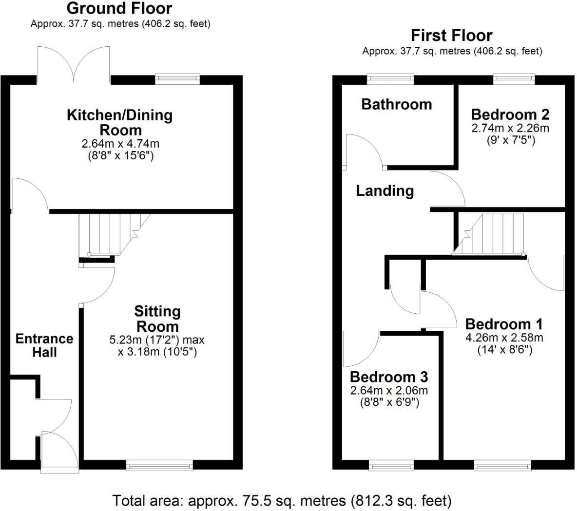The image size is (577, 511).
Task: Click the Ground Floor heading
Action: [119, 8]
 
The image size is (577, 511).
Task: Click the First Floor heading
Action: [451, 36]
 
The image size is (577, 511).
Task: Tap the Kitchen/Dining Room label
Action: [120, 123]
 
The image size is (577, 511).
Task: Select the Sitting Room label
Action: [157, 319]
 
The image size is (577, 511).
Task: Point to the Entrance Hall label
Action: [44, 345]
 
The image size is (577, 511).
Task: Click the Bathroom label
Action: [396, 104]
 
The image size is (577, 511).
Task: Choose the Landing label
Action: [385, 190]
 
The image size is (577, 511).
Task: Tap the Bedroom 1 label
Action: [504, 324]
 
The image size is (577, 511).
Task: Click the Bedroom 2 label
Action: [510, 114]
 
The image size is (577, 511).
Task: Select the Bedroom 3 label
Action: [388, 377]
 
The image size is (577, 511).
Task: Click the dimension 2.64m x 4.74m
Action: [120, 144]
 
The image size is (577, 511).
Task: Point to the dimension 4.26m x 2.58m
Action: [504, 338]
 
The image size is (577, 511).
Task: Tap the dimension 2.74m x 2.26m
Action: [510, 128]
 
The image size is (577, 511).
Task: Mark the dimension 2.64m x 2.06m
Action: [389, 391]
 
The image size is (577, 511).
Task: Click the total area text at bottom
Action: [282, 500]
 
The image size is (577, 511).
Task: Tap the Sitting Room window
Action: [159, 466]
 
